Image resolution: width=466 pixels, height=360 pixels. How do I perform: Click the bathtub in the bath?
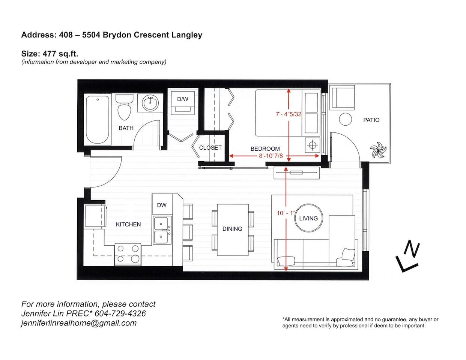pos(98,120)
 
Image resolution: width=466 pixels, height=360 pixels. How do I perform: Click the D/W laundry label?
pos(183,99)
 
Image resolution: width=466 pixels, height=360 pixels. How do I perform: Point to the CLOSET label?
pos(210,148)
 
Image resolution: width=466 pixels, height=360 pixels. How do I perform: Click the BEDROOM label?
pos(265,149)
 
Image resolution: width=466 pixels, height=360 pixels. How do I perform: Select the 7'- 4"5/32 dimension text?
pos(289,114)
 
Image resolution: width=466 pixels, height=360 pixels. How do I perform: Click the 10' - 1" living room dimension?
pos(286,213)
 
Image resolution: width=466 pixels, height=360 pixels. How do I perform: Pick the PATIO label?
pos(371,120)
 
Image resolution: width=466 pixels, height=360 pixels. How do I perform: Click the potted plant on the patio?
pos(377,150)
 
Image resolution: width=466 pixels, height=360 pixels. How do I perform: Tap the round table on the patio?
pos(345,120)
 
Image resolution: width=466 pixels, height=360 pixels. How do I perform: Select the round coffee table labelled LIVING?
pos(308,218)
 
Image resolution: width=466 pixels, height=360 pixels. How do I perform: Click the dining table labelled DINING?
pos(233,229)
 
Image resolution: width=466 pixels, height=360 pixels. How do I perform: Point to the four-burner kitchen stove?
pos(128,254)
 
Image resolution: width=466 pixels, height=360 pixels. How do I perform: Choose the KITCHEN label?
pos(128,224)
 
